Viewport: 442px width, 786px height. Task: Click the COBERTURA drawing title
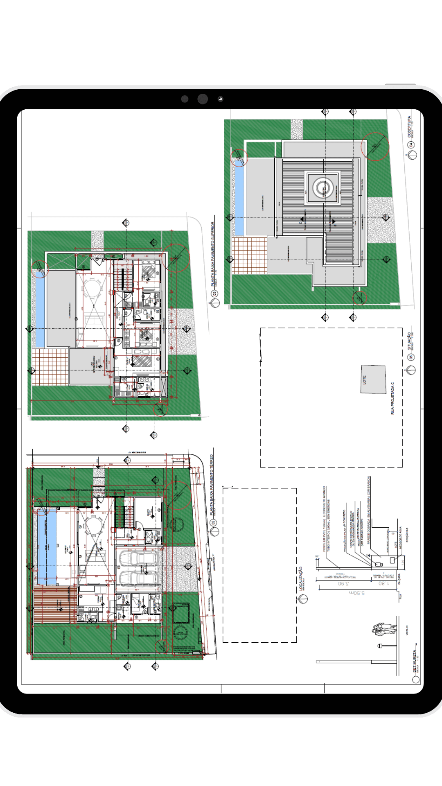tap(409, 126)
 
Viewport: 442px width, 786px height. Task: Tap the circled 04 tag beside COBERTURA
tap(411, 145)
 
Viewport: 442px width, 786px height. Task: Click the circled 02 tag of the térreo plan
tap(213, 523)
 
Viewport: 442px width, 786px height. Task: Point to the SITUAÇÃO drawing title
tap(409, 341)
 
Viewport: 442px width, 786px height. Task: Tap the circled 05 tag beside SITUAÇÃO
tap(411, 357)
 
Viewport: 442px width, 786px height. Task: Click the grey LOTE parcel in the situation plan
tap(373, 379)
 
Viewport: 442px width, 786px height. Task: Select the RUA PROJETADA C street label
tap(392, 398)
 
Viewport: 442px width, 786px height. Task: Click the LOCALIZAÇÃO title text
tap(301, 578)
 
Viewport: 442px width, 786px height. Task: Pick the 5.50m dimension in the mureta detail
tap(357, 592)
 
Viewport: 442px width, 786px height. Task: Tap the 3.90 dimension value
tap(343, 583)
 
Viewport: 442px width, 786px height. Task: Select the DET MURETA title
tap(414, 661)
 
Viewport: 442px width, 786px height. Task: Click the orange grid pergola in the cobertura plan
tap(249, 255)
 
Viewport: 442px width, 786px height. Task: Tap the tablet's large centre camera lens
tap(203, 99)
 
